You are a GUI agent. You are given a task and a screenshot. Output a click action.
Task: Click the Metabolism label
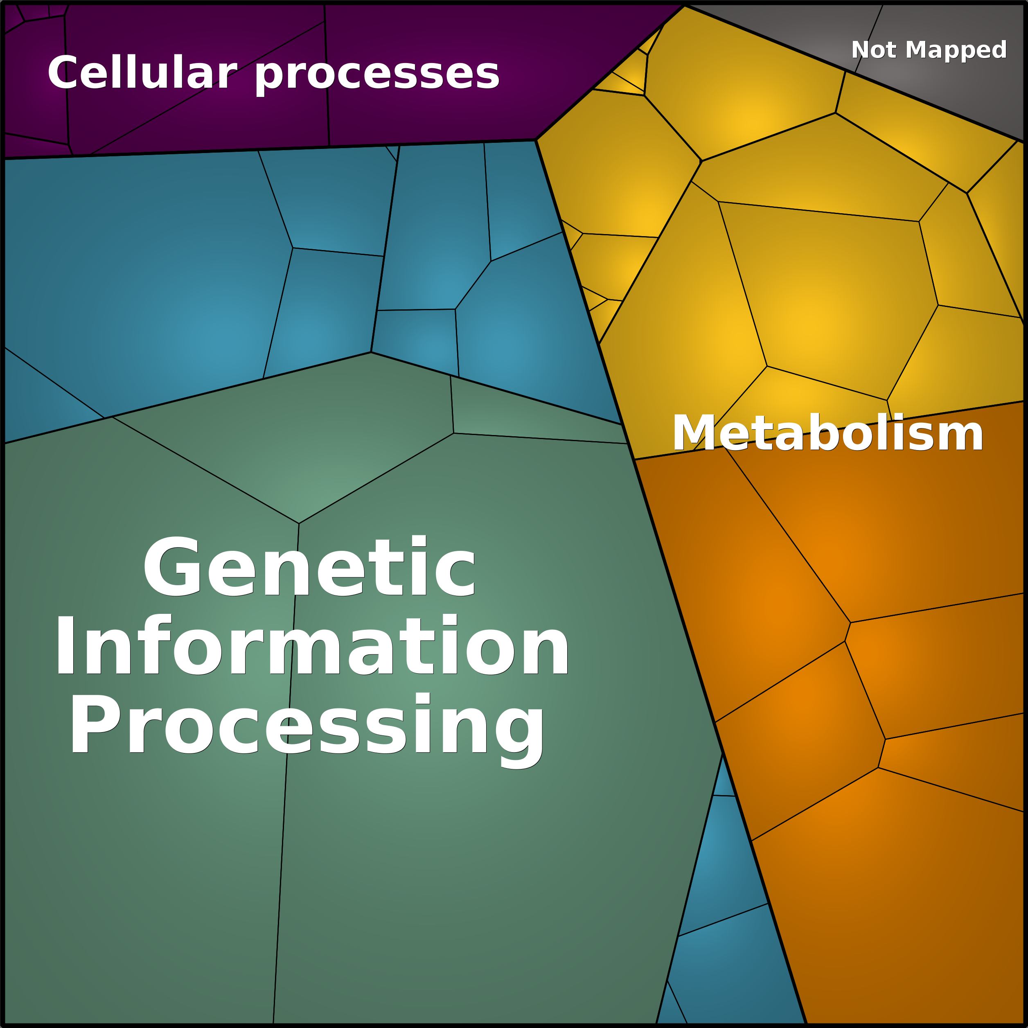[x=828, y=433]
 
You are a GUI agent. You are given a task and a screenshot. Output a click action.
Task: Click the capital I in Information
[x=65, y=645]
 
